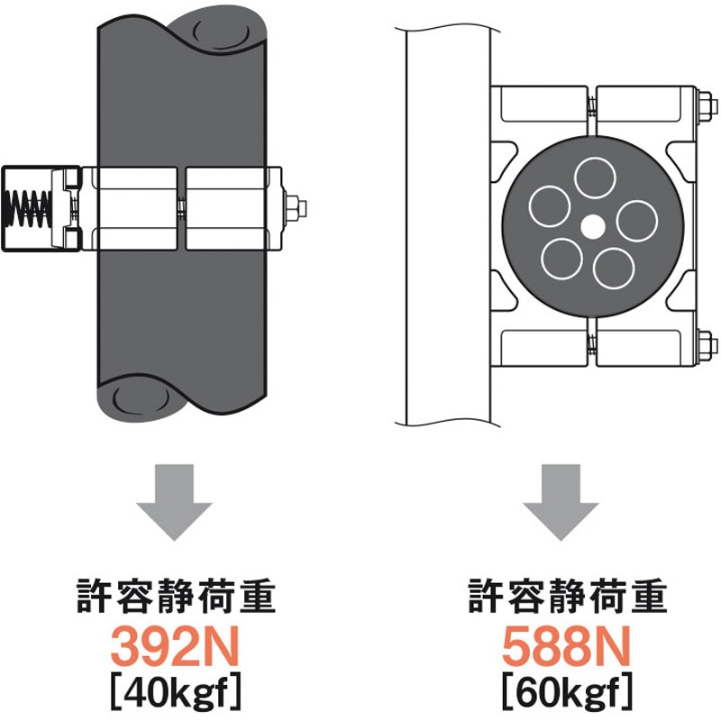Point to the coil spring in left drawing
click(28, 209)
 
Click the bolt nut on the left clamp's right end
click(296, 208)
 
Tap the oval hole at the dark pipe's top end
click(220, 34)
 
